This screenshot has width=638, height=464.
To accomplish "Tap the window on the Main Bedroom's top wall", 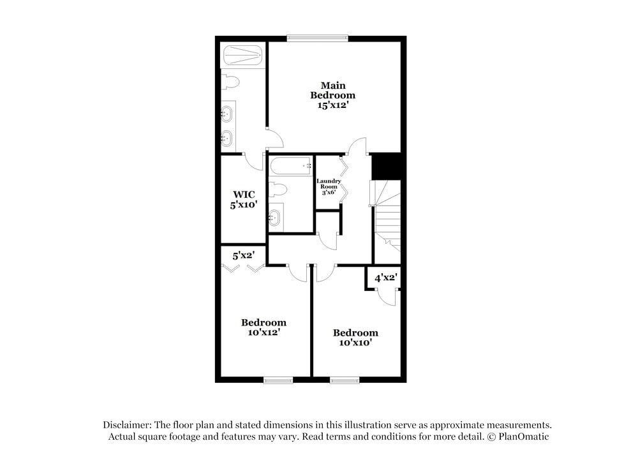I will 317,38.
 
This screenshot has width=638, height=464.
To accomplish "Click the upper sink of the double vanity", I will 226,115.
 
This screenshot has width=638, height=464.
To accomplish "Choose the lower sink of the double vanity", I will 226,137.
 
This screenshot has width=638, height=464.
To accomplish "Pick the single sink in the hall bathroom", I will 275,218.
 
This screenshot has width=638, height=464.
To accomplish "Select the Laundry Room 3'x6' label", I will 329,186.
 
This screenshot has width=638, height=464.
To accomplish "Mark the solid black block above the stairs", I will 386,167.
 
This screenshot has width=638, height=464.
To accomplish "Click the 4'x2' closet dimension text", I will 385,278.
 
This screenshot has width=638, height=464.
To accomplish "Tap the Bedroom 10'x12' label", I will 263,327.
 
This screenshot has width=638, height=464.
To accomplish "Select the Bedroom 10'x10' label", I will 355,338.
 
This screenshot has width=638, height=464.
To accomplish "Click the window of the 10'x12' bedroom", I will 278,380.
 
